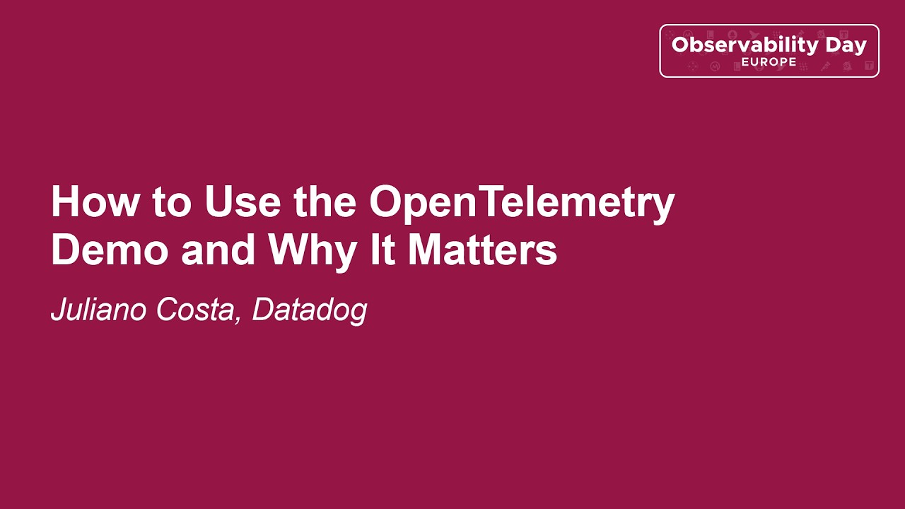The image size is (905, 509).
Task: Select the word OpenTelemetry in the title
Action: [x=522, y=204]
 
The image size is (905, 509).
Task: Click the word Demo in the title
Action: [x=110, y=250]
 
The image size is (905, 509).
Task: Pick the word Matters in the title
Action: [x=482, y=250]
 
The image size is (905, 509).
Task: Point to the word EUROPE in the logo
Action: [x=769, y=62]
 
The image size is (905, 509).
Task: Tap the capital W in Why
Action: [x=288, y=250]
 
